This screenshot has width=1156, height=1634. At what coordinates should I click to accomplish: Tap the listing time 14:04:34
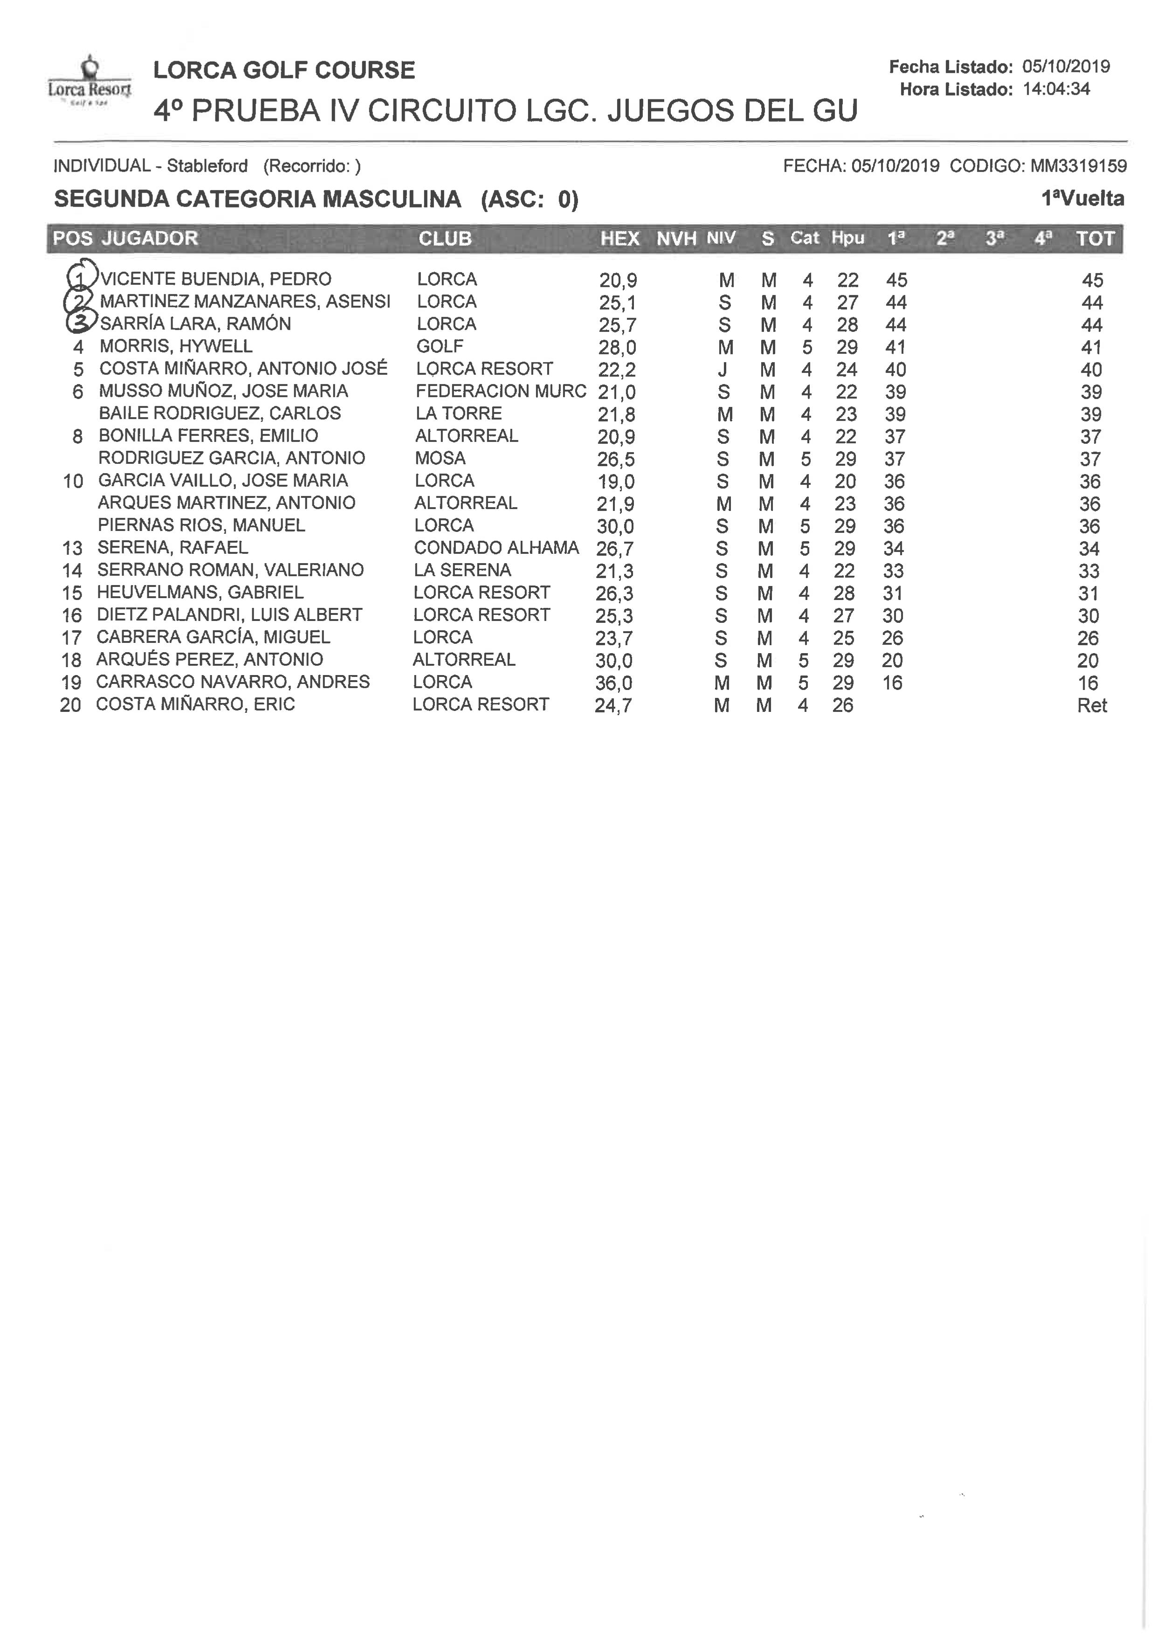coord(1056,89)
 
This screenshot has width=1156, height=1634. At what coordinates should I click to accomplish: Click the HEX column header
coord(619,239)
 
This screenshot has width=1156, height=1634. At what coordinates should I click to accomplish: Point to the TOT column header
coord(1095,239)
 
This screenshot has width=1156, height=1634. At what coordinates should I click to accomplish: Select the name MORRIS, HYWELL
coord(176,347)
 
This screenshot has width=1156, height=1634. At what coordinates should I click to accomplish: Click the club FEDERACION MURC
coord(501,391)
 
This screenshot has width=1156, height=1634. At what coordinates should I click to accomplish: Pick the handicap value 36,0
coord(613,683)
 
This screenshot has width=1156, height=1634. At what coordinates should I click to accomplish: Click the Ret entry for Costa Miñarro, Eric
coord(1092,705)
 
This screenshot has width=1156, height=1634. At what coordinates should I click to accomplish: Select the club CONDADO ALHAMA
coord(496,547)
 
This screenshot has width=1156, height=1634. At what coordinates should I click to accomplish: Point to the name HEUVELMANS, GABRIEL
coord(200,593)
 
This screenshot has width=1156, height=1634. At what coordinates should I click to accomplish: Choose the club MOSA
coord(440,458)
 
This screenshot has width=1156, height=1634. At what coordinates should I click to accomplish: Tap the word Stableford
coord(207,166)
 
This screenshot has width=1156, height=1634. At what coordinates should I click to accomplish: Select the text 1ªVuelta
coord(1082,199)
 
